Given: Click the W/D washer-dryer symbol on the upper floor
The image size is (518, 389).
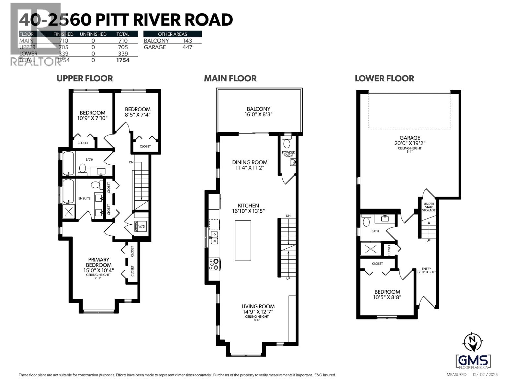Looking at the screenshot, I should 141,226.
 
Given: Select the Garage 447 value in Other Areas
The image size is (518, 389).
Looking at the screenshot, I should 187,47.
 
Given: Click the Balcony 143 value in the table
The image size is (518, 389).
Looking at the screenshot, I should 187,41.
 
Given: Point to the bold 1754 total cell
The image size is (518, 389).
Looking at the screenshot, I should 123,60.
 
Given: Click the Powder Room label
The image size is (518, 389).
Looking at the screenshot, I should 288,154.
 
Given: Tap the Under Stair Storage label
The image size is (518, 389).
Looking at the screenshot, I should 429,207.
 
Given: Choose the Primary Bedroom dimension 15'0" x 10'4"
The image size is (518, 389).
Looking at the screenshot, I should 99,270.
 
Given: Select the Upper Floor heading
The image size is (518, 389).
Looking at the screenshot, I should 84,78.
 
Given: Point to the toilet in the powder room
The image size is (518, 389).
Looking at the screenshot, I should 287,143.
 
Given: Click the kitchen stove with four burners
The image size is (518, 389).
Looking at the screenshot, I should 214,264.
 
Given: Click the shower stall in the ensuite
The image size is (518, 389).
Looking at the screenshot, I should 69,212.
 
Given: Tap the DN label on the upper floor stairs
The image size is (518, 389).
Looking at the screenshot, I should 131,162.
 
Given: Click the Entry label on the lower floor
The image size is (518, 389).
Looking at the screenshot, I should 426,269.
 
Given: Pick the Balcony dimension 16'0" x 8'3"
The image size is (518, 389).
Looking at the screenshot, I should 258,114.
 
